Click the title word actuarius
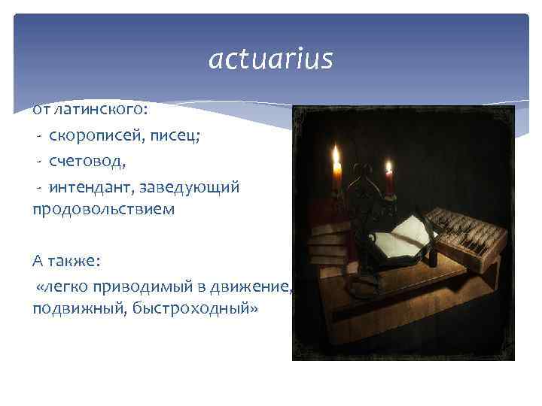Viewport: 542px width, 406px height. point(270,59)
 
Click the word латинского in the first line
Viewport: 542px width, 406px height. point(99,110)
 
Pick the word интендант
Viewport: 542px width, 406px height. point(91,185)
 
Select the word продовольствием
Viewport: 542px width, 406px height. point(103,209)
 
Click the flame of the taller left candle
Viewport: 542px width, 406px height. point(336,156)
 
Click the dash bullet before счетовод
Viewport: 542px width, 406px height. point(38,160)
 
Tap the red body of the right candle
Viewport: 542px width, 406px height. point(389,184)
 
